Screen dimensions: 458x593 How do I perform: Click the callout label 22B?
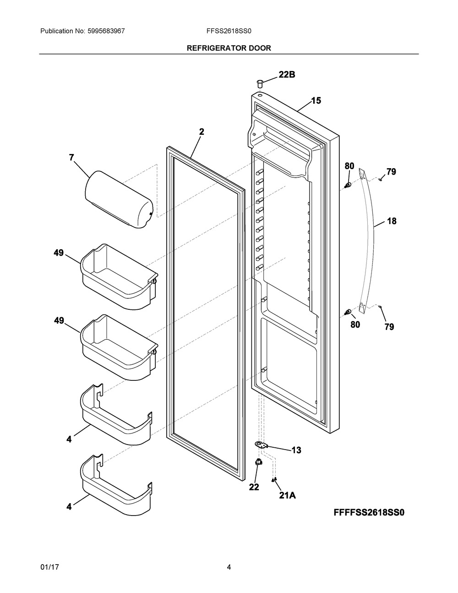coord(287,75)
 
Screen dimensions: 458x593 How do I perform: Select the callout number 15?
coord(316,101)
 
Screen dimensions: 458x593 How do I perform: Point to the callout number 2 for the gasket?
coord(201,132)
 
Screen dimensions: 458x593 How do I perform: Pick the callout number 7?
coord(71,158)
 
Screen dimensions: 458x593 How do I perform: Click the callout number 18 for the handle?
coord(392,221)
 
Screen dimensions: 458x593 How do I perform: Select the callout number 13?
coord(296,450)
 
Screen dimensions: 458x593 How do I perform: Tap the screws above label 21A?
coord(274,479)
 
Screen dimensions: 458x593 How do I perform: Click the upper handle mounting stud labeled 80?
coord(348,185)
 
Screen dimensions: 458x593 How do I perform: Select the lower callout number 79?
coord(389,327)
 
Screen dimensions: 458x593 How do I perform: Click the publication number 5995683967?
coord(106,31)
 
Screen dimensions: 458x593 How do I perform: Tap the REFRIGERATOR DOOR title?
coord(229,48)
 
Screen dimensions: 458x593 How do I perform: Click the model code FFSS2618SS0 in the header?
coord(229,31)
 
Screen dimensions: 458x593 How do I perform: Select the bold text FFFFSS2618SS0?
coord(369,512)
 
